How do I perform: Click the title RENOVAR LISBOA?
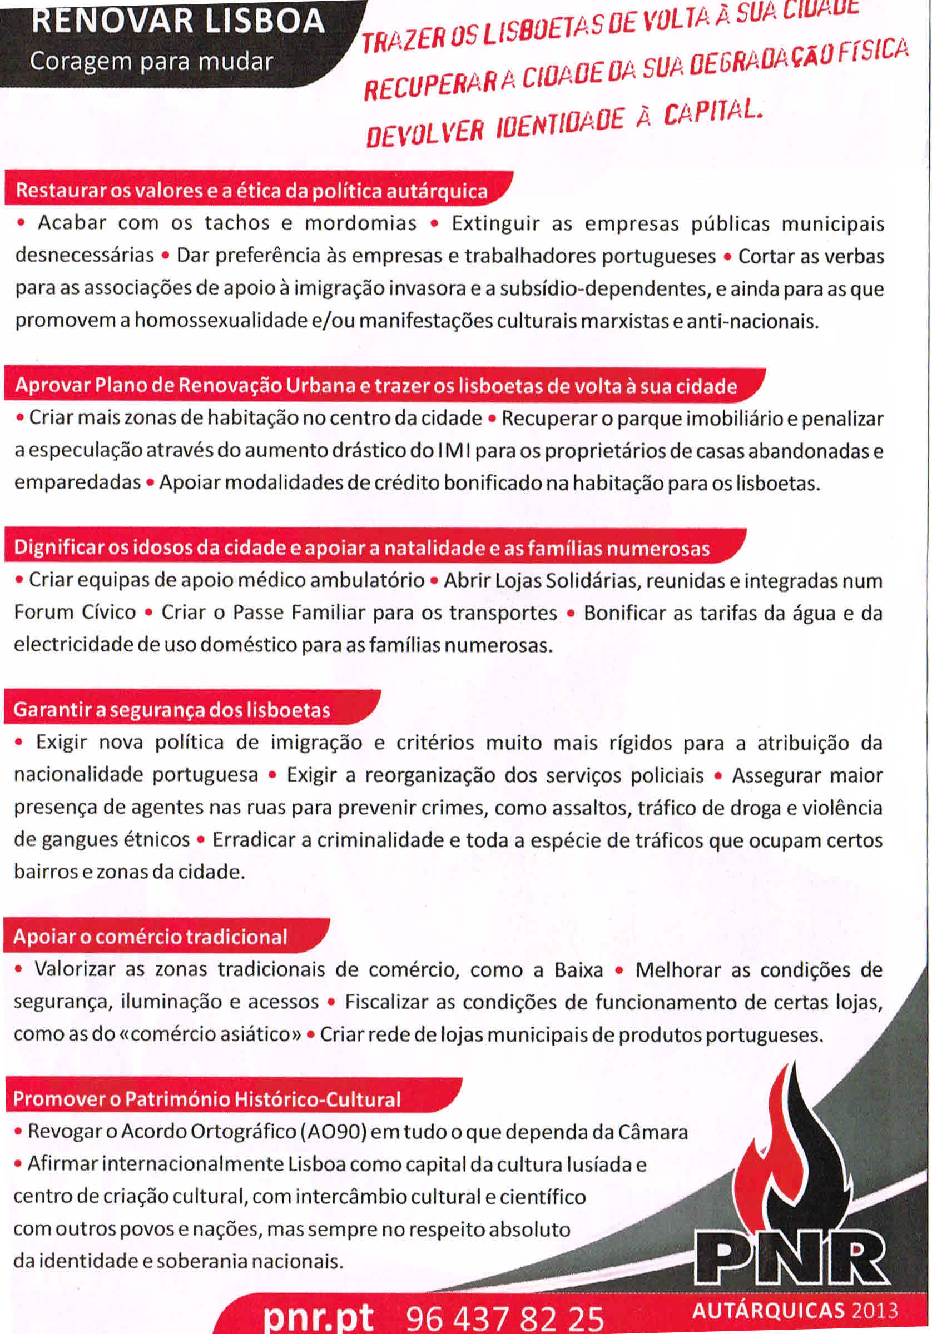click(x=177, y=22)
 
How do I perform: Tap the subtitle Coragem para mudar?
click(x=151, y=61)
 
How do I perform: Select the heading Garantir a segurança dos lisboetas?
click(x=171, y=709)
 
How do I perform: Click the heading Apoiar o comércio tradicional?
click(x=150, y=936)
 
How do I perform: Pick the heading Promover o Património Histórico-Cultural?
click(x=206, y=1098)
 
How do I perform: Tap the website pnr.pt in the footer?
click(x=319, y=1317)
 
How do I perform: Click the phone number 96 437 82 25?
click(x=505, y=1318)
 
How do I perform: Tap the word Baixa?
click(x=578, y=970)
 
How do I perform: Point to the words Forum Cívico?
click(x=75, y=613)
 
